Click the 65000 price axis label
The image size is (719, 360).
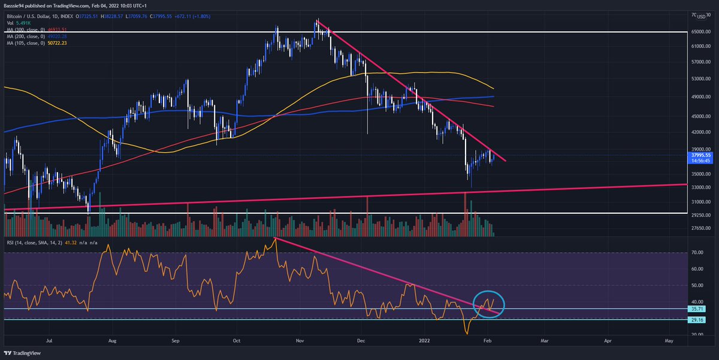pyautogui.click(x=699, y=31)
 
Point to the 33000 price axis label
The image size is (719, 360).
pyautogui.click(x=699, y=187)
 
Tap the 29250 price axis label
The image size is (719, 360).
pyautogui.click(x=699, y=214)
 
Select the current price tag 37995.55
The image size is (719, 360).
pyautogui.click(x=700, y=155)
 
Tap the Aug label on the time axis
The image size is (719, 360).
pyautogui.click(x=112, y=340)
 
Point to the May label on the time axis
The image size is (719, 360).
pyautogui.click(x=669, y=340)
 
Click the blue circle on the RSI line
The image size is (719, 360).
pyautogui.click(x=489, y=304)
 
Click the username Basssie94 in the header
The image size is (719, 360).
pyautogui.click(x=17, y=5)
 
